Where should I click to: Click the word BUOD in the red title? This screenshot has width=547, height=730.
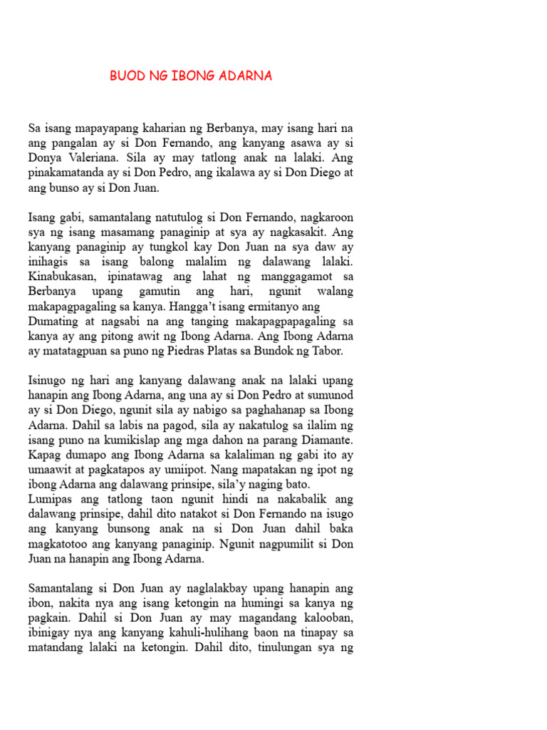[127, 76]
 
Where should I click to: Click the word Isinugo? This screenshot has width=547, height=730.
[49, 381]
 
